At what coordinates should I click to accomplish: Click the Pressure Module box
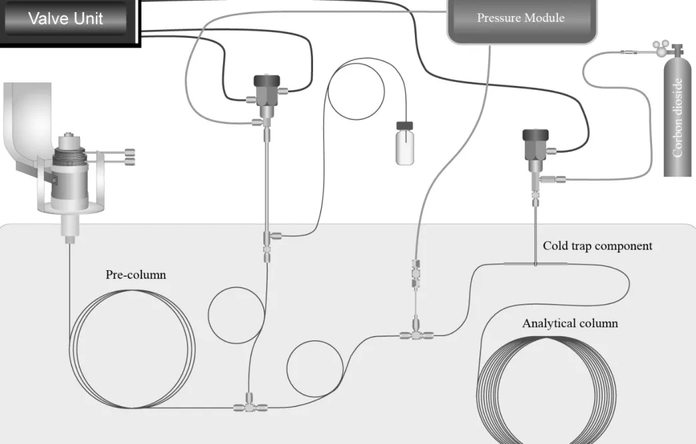coord(522,20)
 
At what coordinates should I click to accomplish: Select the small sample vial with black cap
coord(405,143)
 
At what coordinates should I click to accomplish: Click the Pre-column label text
coord(136,274)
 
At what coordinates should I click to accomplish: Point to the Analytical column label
coord(570,323)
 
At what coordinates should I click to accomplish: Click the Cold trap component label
coord(597,246)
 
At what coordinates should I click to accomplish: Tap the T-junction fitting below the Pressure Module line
coord(416,333)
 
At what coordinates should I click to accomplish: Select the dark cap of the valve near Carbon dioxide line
coord(535,135)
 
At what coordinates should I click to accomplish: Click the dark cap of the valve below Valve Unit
coord(267,81)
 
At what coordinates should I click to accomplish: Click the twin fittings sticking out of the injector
coord(130,157)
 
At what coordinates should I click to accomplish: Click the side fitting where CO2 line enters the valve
coord(553,179)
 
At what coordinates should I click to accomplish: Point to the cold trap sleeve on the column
coord(535,264)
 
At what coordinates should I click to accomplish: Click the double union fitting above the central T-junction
coord(416,274)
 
